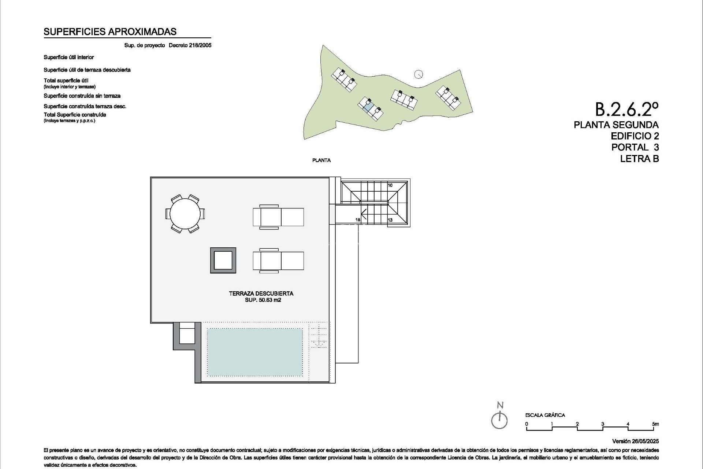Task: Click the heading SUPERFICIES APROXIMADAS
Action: click(110, 32)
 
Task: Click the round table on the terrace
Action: click(185, 214)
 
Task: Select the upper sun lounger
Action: click(278, 217)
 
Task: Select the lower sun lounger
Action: click(278, 261)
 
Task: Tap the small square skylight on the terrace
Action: click(223, 261)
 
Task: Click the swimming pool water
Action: click(255, 352)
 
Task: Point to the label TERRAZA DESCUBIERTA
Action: click(261, 293)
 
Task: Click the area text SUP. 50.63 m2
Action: click(263, 300)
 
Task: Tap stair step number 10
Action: click(390, 185)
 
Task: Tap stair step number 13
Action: click(390, 220)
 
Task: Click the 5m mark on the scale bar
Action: click(655, 424)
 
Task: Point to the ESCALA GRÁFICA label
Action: click(545, 415)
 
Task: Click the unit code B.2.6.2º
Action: click(626, 109)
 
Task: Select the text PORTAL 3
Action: click(635, 147)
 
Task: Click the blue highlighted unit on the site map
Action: click(369, 107)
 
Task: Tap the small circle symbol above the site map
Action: click(419, 74)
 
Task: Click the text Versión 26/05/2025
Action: click(635, 442)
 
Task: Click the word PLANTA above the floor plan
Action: click(321, 160)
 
